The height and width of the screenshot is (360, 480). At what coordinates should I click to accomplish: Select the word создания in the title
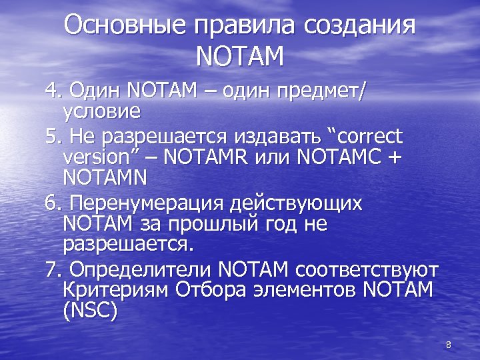click(360, 26)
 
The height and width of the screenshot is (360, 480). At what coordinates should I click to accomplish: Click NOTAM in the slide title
click(240, 56)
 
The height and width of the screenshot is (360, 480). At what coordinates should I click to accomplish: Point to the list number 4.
click(51, 89)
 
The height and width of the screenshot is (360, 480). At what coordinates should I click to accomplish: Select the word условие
click(101, 108)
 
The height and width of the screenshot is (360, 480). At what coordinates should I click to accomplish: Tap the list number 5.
click(51, 137)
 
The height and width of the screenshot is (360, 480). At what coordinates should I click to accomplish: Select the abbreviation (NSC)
click(90, 311)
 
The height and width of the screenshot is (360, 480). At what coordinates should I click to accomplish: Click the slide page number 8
click(448, 345)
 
